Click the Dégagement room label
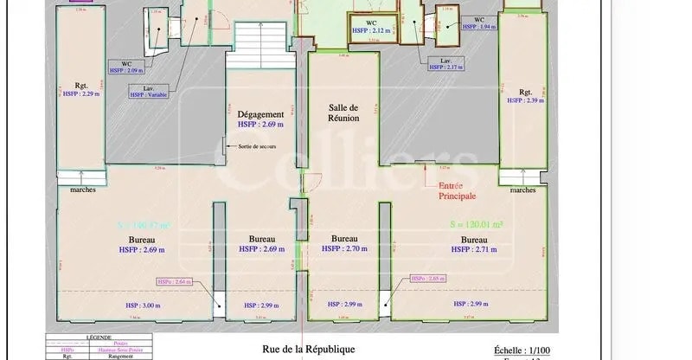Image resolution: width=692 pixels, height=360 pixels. click(x=261, y=114)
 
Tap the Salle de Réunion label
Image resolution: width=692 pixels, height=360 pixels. click(x=343, y=112)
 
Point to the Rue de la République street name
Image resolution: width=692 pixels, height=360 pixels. click(x=308, y=350)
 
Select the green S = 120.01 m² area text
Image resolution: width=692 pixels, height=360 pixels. click(x=477, y=224)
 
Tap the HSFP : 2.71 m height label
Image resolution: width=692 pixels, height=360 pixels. click(x=473, y=249)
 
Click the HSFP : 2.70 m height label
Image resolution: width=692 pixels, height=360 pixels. click(x=343, y=249)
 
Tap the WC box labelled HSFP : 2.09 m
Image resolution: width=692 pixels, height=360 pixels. click(x=126, y=67)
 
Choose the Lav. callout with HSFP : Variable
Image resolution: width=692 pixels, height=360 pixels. click(x=148, y=91)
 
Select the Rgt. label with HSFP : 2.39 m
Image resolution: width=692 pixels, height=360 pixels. click(x=525, y=96)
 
